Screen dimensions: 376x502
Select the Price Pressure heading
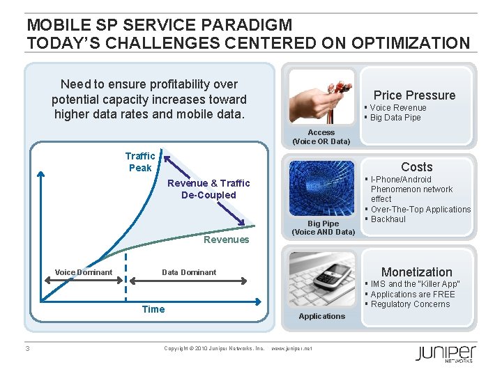(414, 95)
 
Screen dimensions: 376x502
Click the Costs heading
(416, 167)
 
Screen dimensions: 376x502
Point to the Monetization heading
(416, 272)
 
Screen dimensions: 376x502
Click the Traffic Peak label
(140, 162)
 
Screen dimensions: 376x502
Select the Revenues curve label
(225, 240)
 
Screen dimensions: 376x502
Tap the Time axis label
(153, 309)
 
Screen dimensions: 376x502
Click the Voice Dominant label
(84, 272)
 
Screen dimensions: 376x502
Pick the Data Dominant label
(189, 272)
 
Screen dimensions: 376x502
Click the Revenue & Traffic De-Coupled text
(208, 189)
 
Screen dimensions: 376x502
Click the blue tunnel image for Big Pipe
(321, 189)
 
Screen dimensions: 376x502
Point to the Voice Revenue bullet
(397, 108)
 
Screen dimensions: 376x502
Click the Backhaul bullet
(388, 219)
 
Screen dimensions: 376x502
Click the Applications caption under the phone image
(321, 316)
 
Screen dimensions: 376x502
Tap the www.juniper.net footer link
(291, 347)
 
